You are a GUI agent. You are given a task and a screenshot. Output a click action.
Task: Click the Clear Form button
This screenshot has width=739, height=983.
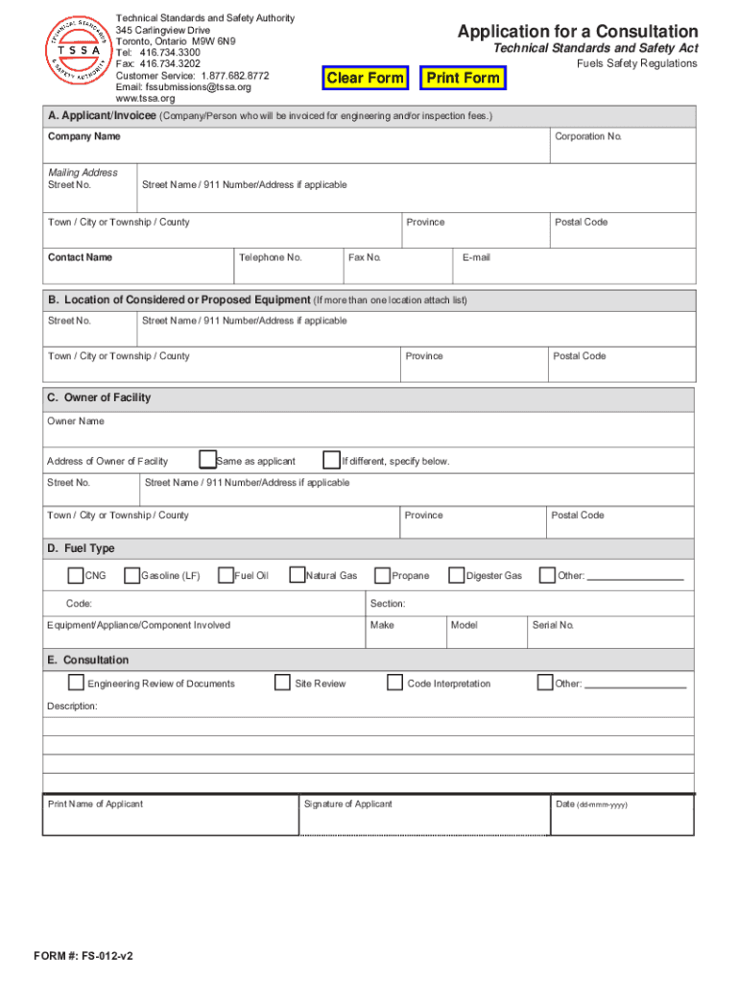click(x=365, y=78)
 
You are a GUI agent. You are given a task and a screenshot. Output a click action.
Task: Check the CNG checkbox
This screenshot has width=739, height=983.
click(x=75, y=576)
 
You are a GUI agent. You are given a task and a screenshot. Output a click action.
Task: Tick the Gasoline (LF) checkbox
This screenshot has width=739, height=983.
click(x=132, y=576)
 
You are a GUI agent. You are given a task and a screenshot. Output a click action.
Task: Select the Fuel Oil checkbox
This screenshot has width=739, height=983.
click(x=226, y=576)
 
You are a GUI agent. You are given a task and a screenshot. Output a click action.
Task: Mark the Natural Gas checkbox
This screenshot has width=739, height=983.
click(x=297, y=576)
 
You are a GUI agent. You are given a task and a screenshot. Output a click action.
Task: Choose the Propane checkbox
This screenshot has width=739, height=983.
click(x=382, y=576)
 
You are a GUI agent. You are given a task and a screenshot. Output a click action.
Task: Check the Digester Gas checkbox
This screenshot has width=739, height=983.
click(x=456, y=576)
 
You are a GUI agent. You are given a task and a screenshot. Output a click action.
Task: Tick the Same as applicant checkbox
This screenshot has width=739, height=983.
click(x=206, y=460)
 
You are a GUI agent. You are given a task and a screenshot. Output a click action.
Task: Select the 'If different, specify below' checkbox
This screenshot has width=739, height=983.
click(x=331, y=460)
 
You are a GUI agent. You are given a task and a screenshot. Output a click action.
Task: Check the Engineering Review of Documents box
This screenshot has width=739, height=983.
click(x=76, y=683)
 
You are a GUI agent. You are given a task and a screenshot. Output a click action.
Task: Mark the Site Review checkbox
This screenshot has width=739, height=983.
click(x=282, y=683)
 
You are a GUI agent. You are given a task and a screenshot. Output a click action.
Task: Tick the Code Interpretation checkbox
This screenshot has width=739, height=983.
click(x=394, y=683)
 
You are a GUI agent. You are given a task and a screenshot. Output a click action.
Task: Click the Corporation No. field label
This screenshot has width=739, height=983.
click(x=587, y=137)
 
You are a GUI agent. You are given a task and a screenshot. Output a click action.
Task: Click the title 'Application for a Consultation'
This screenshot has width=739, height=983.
click(x=578, y=32)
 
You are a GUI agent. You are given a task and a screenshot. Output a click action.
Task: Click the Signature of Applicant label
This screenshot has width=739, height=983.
click(x=347, y=804)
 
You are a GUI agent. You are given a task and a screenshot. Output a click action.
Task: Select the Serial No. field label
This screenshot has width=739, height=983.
click(x=552, y=626)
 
